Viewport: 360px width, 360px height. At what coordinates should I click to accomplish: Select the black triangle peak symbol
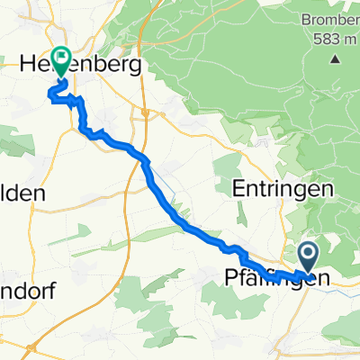[x=335, y=59]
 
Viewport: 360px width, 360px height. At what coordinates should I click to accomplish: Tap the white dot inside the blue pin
[x=308, y=252]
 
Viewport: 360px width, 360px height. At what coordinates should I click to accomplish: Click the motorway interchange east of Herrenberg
[x=144, y=112]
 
